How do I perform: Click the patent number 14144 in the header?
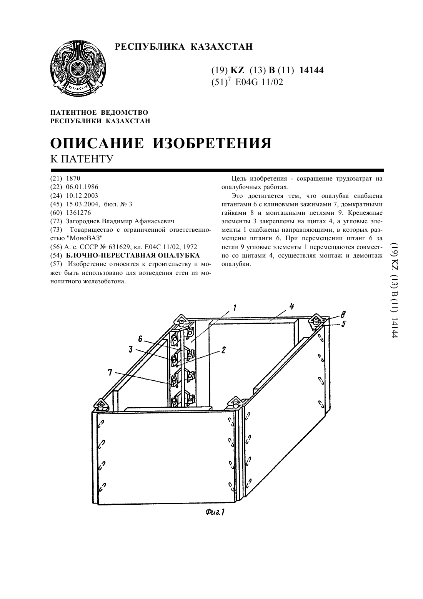(x=311, y=70)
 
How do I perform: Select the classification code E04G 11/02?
(x=259, y=82)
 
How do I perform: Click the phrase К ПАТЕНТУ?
(x=82, y=159)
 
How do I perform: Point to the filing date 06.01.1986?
(x=82, y=187)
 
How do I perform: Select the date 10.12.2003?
(x=82, y=196)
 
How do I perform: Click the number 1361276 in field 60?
(x=78, y=212)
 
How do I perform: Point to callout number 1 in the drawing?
(x=235, y=308)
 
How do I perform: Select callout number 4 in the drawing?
(x=291, y=306)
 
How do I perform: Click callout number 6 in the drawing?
(x=140, y=339)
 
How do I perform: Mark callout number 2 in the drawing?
(x=223, y=350)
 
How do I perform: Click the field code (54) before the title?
(x=56, y=255)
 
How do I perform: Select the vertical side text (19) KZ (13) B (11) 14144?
(x=394, y=290)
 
